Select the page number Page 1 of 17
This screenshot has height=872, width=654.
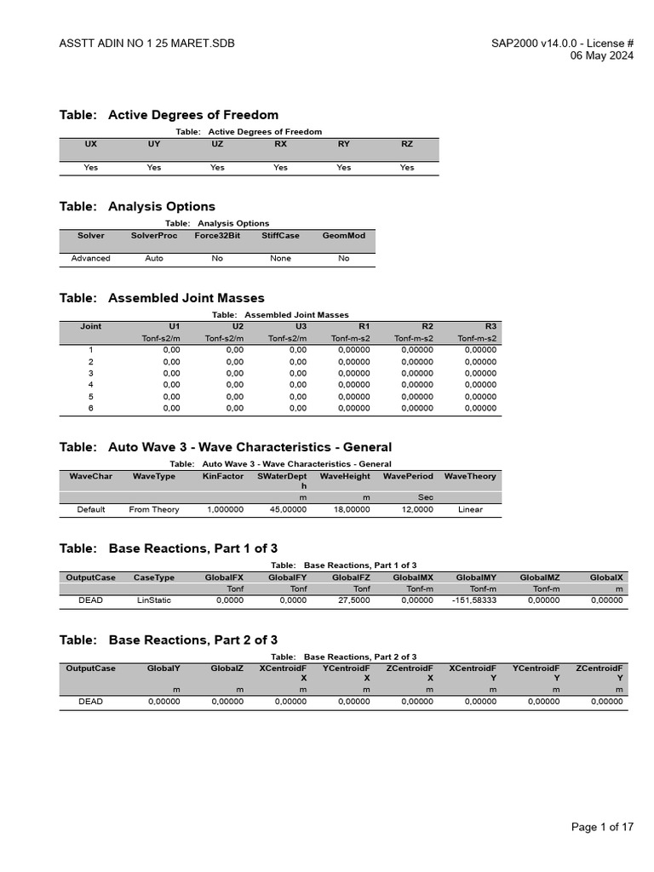coord(603,827)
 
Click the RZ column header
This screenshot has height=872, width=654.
coord(407,145)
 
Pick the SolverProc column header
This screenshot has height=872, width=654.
coord(154,236)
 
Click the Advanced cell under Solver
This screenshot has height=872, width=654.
coord(91,258)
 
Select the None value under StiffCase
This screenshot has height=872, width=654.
coord(280,258)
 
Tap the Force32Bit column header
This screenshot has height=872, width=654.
coord(217,236)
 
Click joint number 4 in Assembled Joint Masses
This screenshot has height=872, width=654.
coord(91,385)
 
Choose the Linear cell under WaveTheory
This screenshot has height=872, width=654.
coord(470,509)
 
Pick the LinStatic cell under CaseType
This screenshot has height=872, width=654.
coord(154,600)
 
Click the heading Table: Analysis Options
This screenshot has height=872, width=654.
coord(137,206)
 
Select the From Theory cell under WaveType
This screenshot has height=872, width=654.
coord(154,509)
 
